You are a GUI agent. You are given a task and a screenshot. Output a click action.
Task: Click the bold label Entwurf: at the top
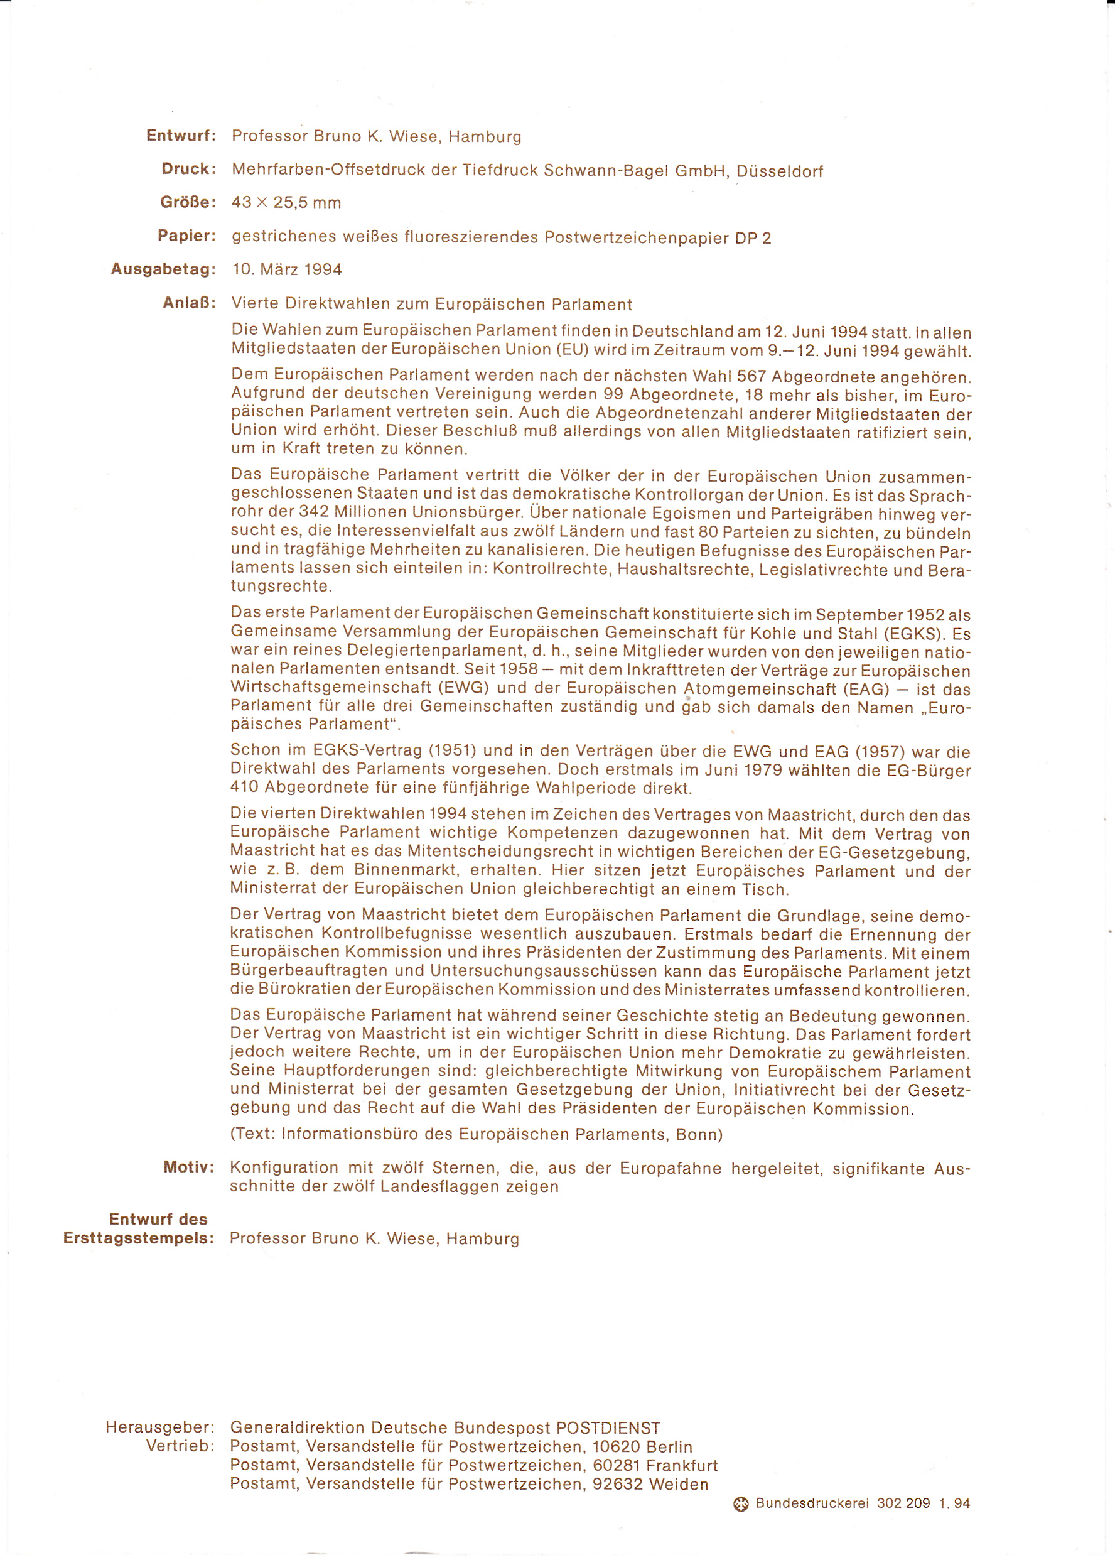[x=181, y=135]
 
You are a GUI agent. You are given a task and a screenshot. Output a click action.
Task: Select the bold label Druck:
[x=189, y=169]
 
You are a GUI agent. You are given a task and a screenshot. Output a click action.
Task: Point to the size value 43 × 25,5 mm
[x=286, y=203]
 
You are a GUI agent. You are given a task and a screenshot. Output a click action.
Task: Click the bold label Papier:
[x=186, y=236]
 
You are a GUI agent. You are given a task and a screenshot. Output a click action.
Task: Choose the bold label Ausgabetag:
[x=163, y=269]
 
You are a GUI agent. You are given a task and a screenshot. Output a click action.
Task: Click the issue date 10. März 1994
[x=287, y=269]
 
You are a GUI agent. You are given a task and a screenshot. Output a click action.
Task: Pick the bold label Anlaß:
[x=189, y=303]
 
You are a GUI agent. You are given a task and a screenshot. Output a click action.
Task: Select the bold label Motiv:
[x=189, y=1167]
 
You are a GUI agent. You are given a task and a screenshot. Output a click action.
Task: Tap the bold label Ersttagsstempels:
[x=139, y=1238]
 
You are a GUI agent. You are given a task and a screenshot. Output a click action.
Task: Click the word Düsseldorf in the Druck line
[x=779, y=171]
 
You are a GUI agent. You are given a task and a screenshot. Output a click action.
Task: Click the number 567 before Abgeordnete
[x=751, y=377]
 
